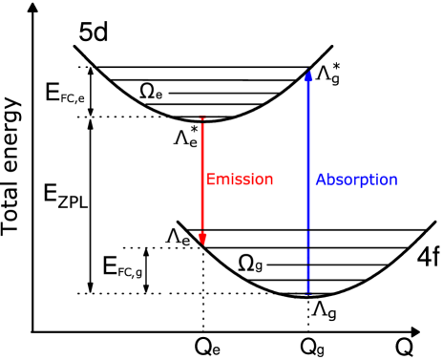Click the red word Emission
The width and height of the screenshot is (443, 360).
(x=240, y=180)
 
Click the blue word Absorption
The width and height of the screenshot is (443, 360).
(x=356, y=180)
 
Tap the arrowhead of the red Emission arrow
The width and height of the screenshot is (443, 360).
(x=202, y=238)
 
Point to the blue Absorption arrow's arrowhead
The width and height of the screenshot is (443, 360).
(x=308, y=74)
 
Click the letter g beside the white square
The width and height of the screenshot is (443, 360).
(x=334, y=79)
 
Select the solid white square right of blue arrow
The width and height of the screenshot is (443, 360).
(x=344, y=88)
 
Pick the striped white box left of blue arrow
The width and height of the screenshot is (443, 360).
(x=252, y=85)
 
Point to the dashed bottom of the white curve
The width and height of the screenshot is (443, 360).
(x=329, y=66)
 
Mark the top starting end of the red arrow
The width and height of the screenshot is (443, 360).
(x=202, y=119)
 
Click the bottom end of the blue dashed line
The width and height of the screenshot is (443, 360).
(x=308, y=292)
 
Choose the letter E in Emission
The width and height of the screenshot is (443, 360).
(x=211, y=180)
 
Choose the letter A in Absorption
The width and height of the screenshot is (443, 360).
(x=321, y=180)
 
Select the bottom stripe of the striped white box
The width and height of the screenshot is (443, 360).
(x=252, y=95)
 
